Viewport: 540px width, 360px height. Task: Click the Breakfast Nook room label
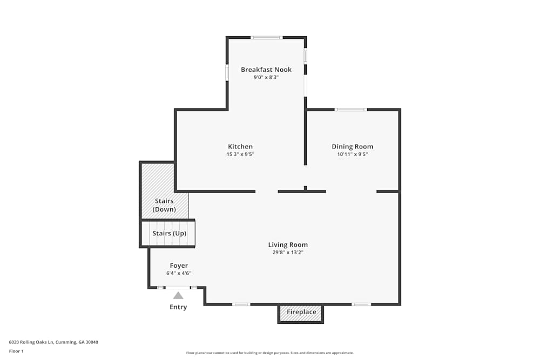click(266, 70)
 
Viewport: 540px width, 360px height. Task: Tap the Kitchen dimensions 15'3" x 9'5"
click(240, 154)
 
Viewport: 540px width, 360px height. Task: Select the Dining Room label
click(352, 147)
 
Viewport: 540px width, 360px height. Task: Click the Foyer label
click(179, 266)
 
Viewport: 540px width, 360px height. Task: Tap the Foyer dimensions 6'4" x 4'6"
click(179, 273)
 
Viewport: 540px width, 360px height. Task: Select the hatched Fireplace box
click(301, 313)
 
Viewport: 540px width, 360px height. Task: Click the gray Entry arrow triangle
click(178, 295)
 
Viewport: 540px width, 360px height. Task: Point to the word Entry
click(178, 307)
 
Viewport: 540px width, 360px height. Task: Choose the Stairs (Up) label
click(169, 233)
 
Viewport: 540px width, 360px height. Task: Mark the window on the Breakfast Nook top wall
click(267, 37)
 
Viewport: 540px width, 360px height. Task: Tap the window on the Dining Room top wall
click(350, 110)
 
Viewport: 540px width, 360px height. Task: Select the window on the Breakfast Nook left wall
click(227, 72)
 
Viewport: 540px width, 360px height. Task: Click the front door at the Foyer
click(178, 288)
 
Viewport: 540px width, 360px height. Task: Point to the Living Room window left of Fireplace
click(241, 304)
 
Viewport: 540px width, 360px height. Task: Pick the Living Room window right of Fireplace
click(361, 304)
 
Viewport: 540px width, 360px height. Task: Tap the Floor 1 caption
click(16, 351)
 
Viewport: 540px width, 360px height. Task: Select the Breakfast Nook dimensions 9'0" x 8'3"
click(266, 77)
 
